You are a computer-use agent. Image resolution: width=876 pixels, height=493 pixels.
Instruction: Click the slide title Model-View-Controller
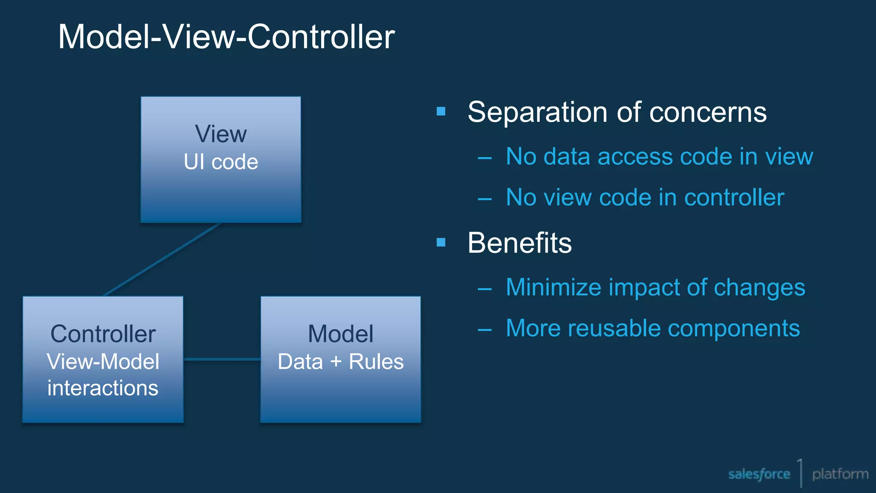(226, 37)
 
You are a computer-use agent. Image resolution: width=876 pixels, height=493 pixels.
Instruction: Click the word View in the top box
(221, 134)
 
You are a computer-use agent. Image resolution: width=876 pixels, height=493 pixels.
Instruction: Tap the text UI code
(221, 162)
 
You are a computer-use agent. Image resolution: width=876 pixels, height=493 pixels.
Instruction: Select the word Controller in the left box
(103, 334)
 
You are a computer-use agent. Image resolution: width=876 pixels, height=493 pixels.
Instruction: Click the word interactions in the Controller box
(103, 388)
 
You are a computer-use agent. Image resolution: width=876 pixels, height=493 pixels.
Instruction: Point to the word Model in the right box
(340, 334)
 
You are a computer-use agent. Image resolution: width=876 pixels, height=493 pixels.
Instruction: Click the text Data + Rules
(340, 362)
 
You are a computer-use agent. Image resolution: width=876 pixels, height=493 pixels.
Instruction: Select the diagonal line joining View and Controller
(163, 259)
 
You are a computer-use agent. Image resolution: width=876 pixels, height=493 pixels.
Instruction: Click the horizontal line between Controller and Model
(222, 359)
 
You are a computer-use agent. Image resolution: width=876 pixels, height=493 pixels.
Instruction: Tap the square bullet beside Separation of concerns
(441, 112)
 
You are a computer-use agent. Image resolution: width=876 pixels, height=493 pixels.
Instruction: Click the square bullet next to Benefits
(441, 243)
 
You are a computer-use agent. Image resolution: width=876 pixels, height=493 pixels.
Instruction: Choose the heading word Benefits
(519, 243)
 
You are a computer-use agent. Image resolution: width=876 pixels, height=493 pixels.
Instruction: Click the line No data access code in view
(659, 156)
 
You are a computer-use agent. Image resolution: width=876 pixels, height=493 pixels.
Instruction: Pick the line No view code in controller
(645, 197)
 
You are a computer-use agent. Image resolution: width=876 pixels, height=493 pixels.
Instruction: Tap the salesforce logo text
(759, 474)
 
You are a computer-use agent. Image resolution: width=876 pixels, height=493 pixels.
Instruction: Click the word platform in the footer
(840, 474)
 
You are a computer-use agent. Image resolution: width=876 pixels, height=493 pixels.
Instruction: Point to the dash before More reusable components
(485, 330)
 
